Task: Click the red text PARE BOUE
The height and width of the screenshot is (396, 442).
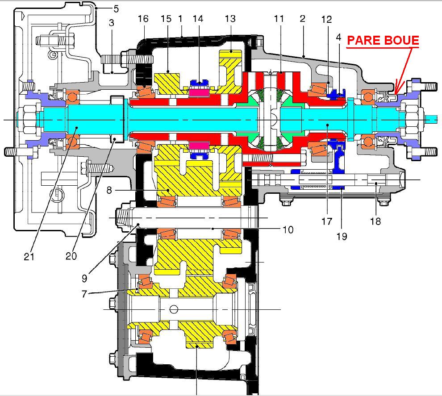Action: (383, 40)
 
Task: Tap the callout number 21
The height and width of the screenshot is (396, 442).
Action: (29, 256)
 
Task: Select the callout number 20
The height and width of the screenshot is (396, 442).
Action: (71, 256)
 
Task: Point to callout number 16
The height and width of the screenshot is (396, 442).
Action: (143, 19)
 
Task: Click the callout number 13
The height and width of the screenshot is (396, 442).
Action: (230, 19)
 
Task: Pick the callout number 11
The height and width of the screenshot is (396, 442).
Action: (279, 19)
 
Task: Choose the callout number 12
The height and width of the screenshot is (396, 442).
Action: (326, 20)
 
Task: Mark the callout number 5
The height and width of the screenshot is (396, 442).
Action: (116, 9)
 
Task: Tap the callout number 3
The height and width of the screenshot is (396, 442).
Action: (111, 23)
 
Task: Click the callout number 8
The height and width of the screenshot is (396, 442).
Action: (109, 190)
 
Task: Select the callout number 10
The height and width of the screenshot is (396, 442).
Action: (288, 230)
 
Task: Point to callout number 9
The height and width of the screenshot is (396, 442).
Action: (84, 279)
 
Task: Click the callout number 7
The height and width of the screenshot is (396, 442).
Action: (84, 294)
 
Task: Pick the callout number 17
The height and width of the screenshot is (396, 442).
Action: (327, 221)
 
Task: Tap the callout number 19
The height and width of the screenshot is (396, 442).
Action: (342, 236)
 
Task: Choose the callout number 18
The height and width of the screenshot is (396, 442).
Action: (375, 221)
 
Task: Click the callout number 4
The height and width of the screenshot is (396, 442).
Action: (338, 38)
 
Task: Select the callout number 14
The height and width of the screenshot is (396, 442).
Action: (198, 19)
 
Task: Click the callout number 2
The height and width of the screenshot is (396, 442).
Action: (302, 19)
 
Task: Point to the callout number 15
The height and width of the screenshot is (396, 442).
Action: (166, 19)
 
